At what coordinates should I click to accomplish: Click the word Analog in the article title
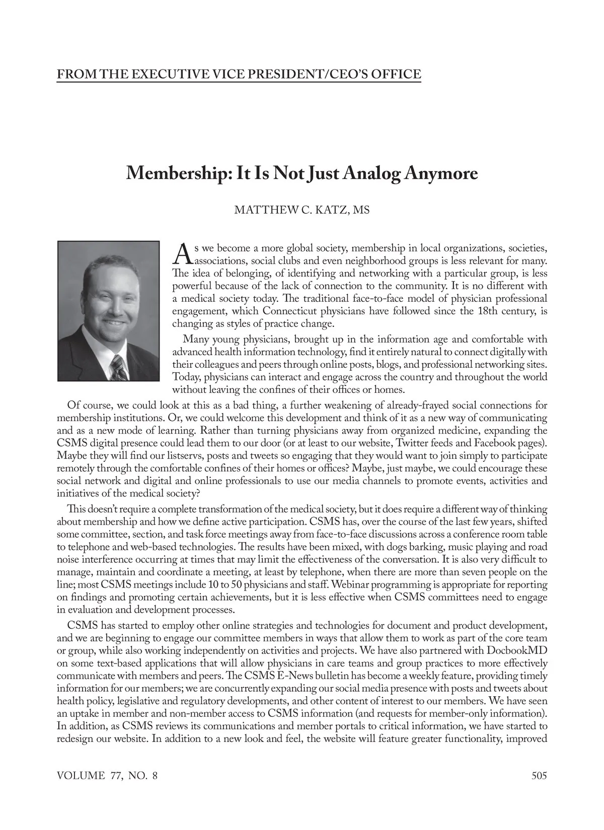coord(372,174)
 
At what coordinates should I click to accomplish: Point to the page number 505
coord(539,775)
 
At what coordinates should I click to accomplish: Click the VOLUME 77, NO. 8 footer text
coord(107,775)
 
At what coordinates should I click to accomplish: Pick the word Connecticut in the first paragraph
coord(290,311)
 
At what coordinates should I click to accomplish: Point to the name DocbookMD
coord(517,650)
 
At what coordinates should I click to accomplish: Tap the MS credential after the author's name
coord(361,210)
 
